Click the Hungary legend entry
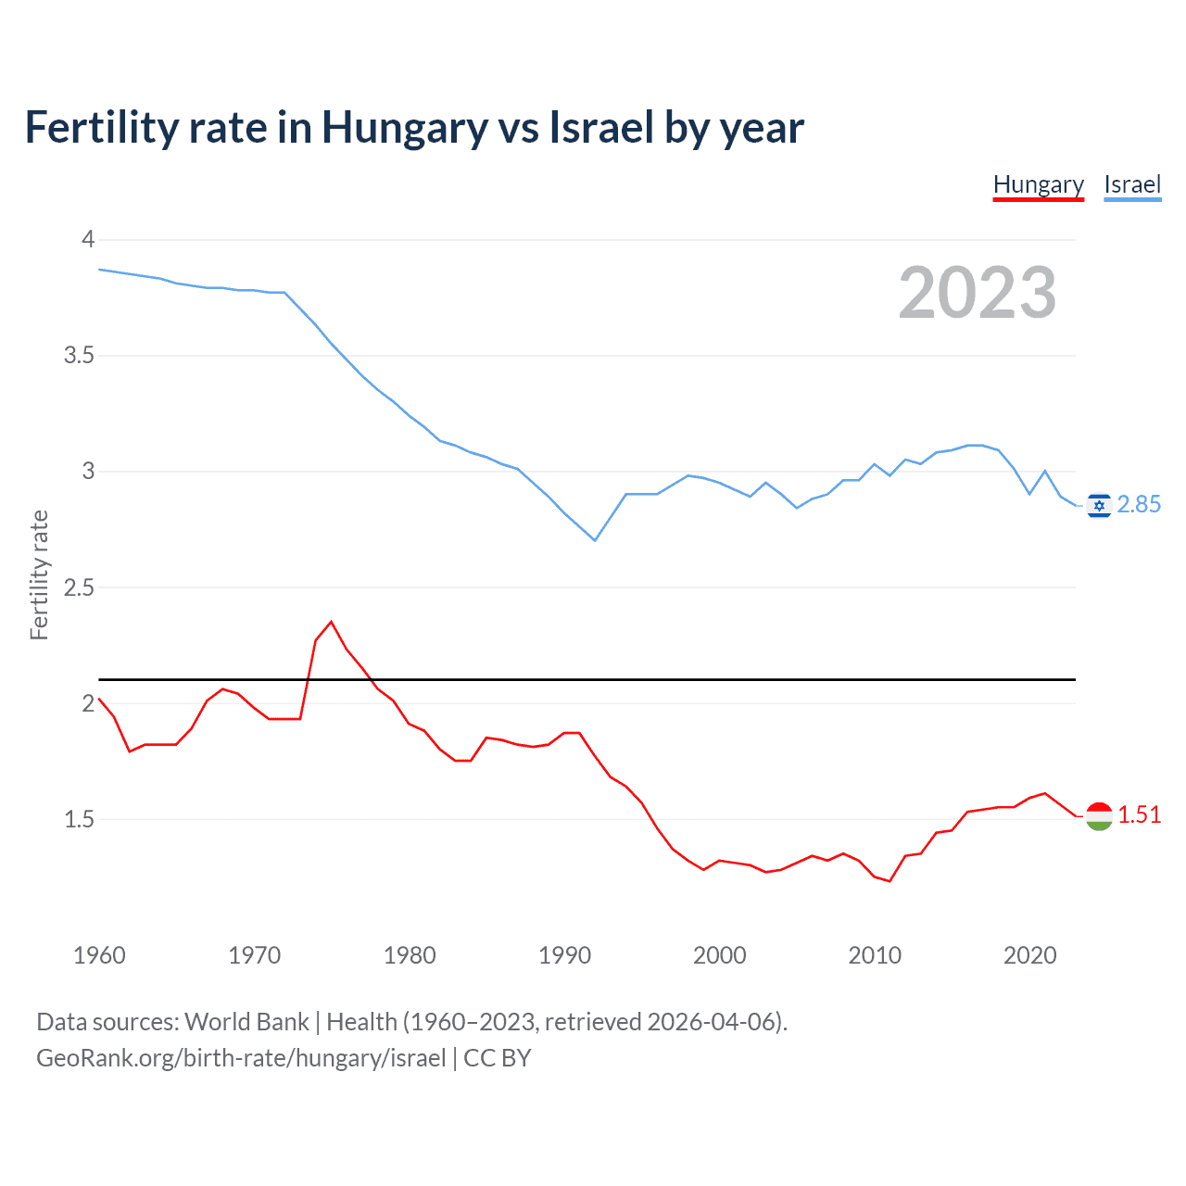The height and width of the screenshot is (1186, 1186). [1038, 184]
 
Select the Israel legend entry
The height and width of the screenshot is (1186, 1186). [1132, 184]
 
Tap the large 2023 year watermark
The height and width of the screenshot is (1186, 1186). [977, 293]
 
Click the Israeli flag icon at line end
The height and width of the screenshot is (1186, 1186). [1099, 505]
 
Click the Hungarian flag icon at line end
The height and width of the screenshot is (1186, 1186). [1099, 815]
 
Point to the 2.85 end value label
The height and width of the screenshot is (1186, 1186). [1139, 504]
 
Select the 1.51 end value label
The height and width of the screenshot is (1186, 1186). [1139, 814]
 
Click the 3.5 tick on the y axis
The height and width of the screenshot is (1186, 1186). [79, 356]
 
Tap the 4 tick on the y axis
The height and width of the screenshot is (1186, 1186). [88, 240]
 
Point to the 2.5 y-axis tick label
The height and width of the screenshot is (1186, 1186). [79, 587]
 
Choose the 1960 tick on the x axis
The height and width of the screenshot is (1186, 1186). [99, 955]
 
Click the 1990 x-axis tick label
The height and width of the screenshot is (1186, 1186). [564, 955]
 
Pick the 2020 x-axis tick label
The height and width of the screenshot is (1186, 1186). [1029, 955]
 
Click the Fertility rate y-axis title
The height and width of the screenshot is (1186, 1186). [39, 574]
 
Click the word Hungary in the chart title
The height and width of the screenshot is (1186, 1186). [404, 127]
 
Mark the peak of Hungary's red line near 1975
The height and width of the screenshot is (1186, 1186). [331, 622]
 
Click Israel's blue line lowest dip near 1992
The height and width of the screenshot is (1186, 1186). [595, 540]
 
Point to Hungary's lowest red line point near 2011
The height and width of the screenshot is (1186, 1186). [889, 880]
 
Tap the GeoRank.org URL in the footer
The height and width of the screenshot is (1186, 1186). [241, 1058]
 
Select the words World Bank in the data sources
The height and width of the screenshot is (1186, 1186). [246, 1022]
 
